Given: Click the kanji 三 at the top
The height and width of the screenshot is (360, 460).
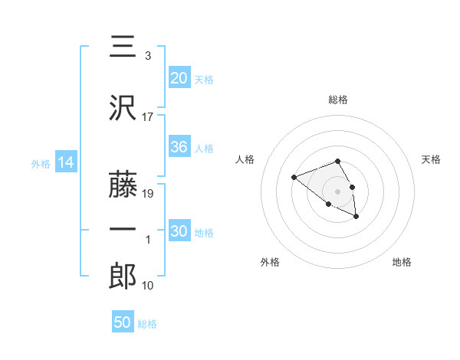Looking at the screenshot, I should coord(123,47).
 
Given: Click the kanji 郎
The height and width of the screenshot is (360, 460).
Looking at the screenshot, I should coord(123,276).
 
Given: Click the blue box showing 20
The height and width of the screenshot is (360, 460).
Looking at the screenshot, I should coord(179,77).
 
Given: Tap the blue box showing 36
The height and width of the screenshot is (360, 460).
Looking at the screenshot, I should coord(179,147).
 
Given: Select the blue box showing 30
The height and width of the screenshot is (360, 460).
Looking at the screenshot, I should coord(179,231).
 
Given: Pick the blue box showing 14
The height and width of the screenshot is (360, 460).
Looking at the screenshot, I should coord(66,162).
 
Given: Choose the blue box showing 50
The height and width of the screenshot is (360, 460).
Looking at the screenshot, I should coord(123,322).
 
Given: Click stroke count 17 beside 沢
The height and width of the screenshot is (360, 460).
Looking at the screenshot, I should coord(148,117).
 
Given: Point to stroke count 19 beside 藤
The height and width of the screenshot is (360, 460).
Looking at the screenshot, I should coord(149,194).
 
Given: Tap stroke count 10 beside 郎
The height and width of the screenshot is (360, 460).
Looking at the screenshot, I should coord(148,286).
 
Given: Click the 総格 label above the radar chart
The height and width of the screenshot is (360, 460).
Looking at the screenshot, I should coord(337,100).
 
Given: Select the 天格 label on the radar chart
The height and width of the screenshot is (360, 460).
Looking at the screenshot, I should coord(432,159).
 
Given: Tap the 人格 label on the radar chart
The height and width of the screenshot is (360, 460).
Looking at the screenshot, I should coord(245,159).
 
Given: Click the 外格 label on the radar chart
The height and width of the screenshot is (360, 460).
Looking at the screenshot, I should coord(270,262).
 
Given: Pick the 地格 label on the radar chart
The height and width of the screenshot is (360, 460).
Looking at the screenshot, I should coord(402,262).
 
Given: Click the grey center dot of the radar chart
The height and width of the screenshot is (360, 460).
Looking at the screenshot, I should coord(337,191).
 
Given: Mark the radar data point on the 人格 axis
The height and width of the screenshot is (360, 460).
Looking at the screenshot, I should coord(294,178).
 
